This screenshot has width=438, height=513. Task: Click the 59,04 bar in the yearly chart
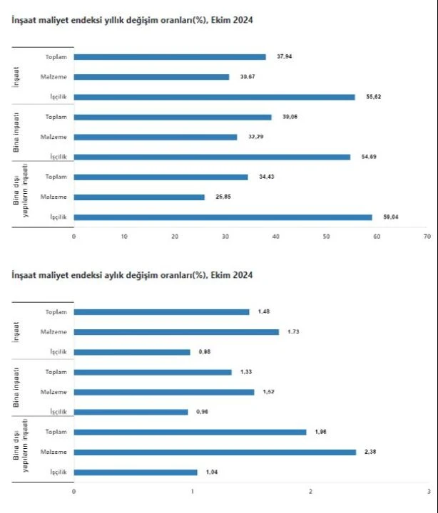pos(223,217)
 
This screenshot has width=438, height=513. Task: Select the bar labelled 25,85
pos(139,197)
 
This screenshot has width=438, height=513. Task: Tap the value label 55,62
pos(372,97)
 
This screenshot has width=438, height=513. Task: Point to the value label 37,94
pos(283,57)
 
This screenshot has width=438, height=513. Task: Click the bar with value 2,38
pos(215,452)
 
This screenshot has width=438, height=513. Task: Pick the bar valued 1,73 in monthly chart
pos(176,332)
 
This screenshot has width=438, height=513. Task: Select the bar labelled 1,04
pos(136,472)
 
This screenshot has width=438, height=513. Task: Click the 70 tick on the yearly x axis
pos(427,236)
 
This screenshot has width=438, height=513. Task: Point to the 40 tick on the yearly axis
pos(276,236)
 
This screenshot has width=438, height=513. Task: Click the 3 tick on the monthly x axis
pos(428,491)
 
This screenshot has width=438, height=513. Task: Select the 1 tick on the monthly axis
pos(193,491)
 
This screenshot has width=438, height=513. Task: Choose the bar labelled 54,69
pos(212,157)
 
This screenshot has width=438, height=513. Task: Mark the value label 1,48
pos(267,311)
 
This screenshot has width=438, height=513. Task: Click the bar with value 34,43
pos(161,177)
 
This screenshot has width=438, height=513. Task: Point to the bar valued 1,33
pos(153,372)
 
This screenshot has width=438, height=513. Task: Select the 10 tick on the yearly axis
pos(124,236)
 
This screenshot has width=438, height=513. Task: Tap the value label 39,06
pos(289,117)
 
